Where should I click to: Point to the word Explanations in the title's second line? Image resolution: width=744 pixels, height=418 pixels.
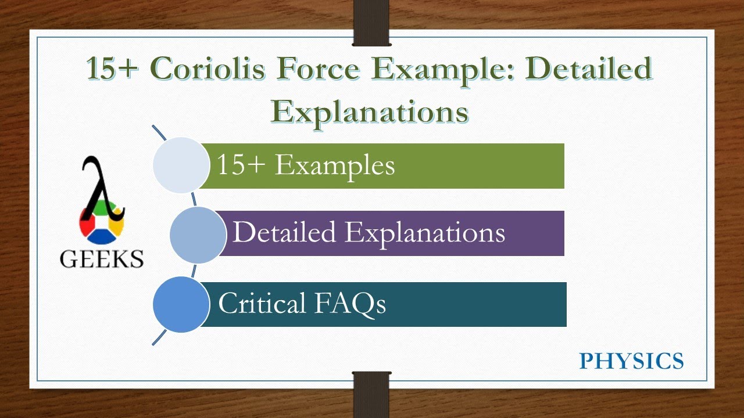370,111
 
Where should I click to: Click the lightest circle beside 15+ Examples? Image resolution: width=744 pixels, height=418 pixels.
181,165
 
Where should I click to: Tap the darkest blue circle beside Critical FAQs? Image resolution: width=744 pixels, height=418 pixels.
181,305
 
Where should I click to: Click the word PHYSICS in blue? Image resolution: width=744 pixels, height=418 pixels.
631,361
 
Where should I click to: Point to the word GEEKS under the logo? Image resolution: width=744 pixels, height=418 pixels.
102,259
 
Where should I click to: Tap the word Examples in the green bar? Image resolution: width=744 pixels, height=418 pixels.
335,165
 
